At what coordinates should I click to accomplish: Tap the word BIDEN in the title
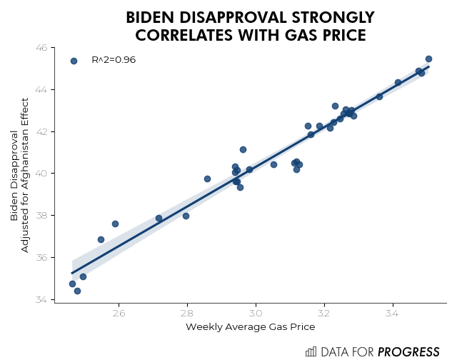(153, 17)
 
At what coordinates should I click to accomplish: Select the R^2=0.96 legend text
(114, 60)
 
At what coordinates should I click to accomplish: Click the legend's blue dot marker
(74, 61)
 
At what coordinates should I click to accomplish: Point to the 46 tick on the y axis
(41, 48)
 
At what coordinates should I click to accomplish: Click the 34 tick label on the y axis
(41, 299)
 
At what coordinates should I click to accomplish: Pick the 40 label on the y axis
(41, 174)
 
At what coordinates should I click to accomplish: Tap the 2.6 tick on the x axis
(119, 312)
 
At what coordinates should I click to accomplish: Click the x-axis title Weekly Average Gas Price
(250, 327)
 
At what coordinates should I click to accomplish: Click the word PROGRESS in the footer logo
(408, 351)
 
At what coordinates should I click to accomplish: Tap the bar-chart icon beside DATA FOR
(311, 351)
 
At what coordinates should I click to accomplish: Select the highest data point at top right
(428, 59)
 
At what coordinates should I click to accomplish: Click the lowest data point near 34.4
(77, 291)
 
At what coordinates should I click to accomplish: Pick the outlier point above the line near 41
(243, 149)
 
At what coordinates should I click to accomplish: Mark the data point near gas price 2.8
(186, 216)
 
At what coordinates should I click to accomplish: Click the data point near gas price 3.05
(273, 164)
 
